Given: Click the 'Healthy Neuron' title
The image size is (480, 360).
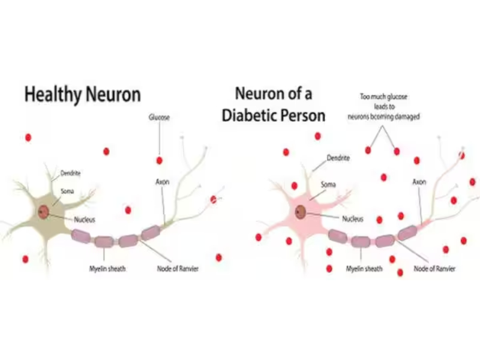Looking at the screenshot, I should click(x=82, y=94).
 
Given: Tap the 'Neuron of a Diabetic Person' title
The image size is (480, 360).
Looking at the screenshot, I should click(x=274, y=104).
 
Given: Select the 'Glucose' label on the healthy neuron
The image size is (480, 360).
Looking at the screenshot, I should click(x=159, y=118).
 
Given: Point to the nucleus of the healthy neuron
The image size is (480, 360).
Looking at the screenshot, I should click(x=43, y=212).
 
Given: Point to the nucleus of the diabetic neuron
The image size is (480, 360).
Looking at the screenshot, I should click(x=300, y=212).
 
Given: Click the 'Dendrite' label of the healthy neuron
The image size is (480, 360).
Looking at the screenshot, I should click(x=70, y=173).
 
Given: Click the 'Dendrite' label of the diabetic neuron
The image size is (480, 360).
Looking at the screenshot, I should click(x=338, y=158).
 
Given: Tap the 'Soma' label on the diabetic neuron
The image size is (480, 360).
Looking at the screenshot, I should click(x=328, y=184).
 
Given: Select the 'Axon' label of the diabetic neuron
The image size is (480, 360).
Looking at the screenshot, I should click(x=419, y=181).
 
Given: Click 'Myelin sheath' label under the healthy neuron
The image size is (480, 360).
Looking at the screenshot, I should click(x=107, y=268).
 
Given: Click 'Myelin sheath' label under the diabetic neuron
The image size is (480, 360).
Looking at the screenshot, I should click(x=364, y=268).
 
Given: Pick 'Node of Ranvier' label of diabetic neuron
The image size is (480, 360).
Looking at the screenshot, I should click(x=434, y=268).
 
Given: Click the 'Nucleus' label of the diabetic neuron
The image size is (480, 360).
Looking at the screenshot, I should click(x=352, y=219).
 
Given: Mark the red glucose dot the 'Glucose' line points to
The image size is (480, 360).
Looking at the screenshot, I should click(x=159, y=160).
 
